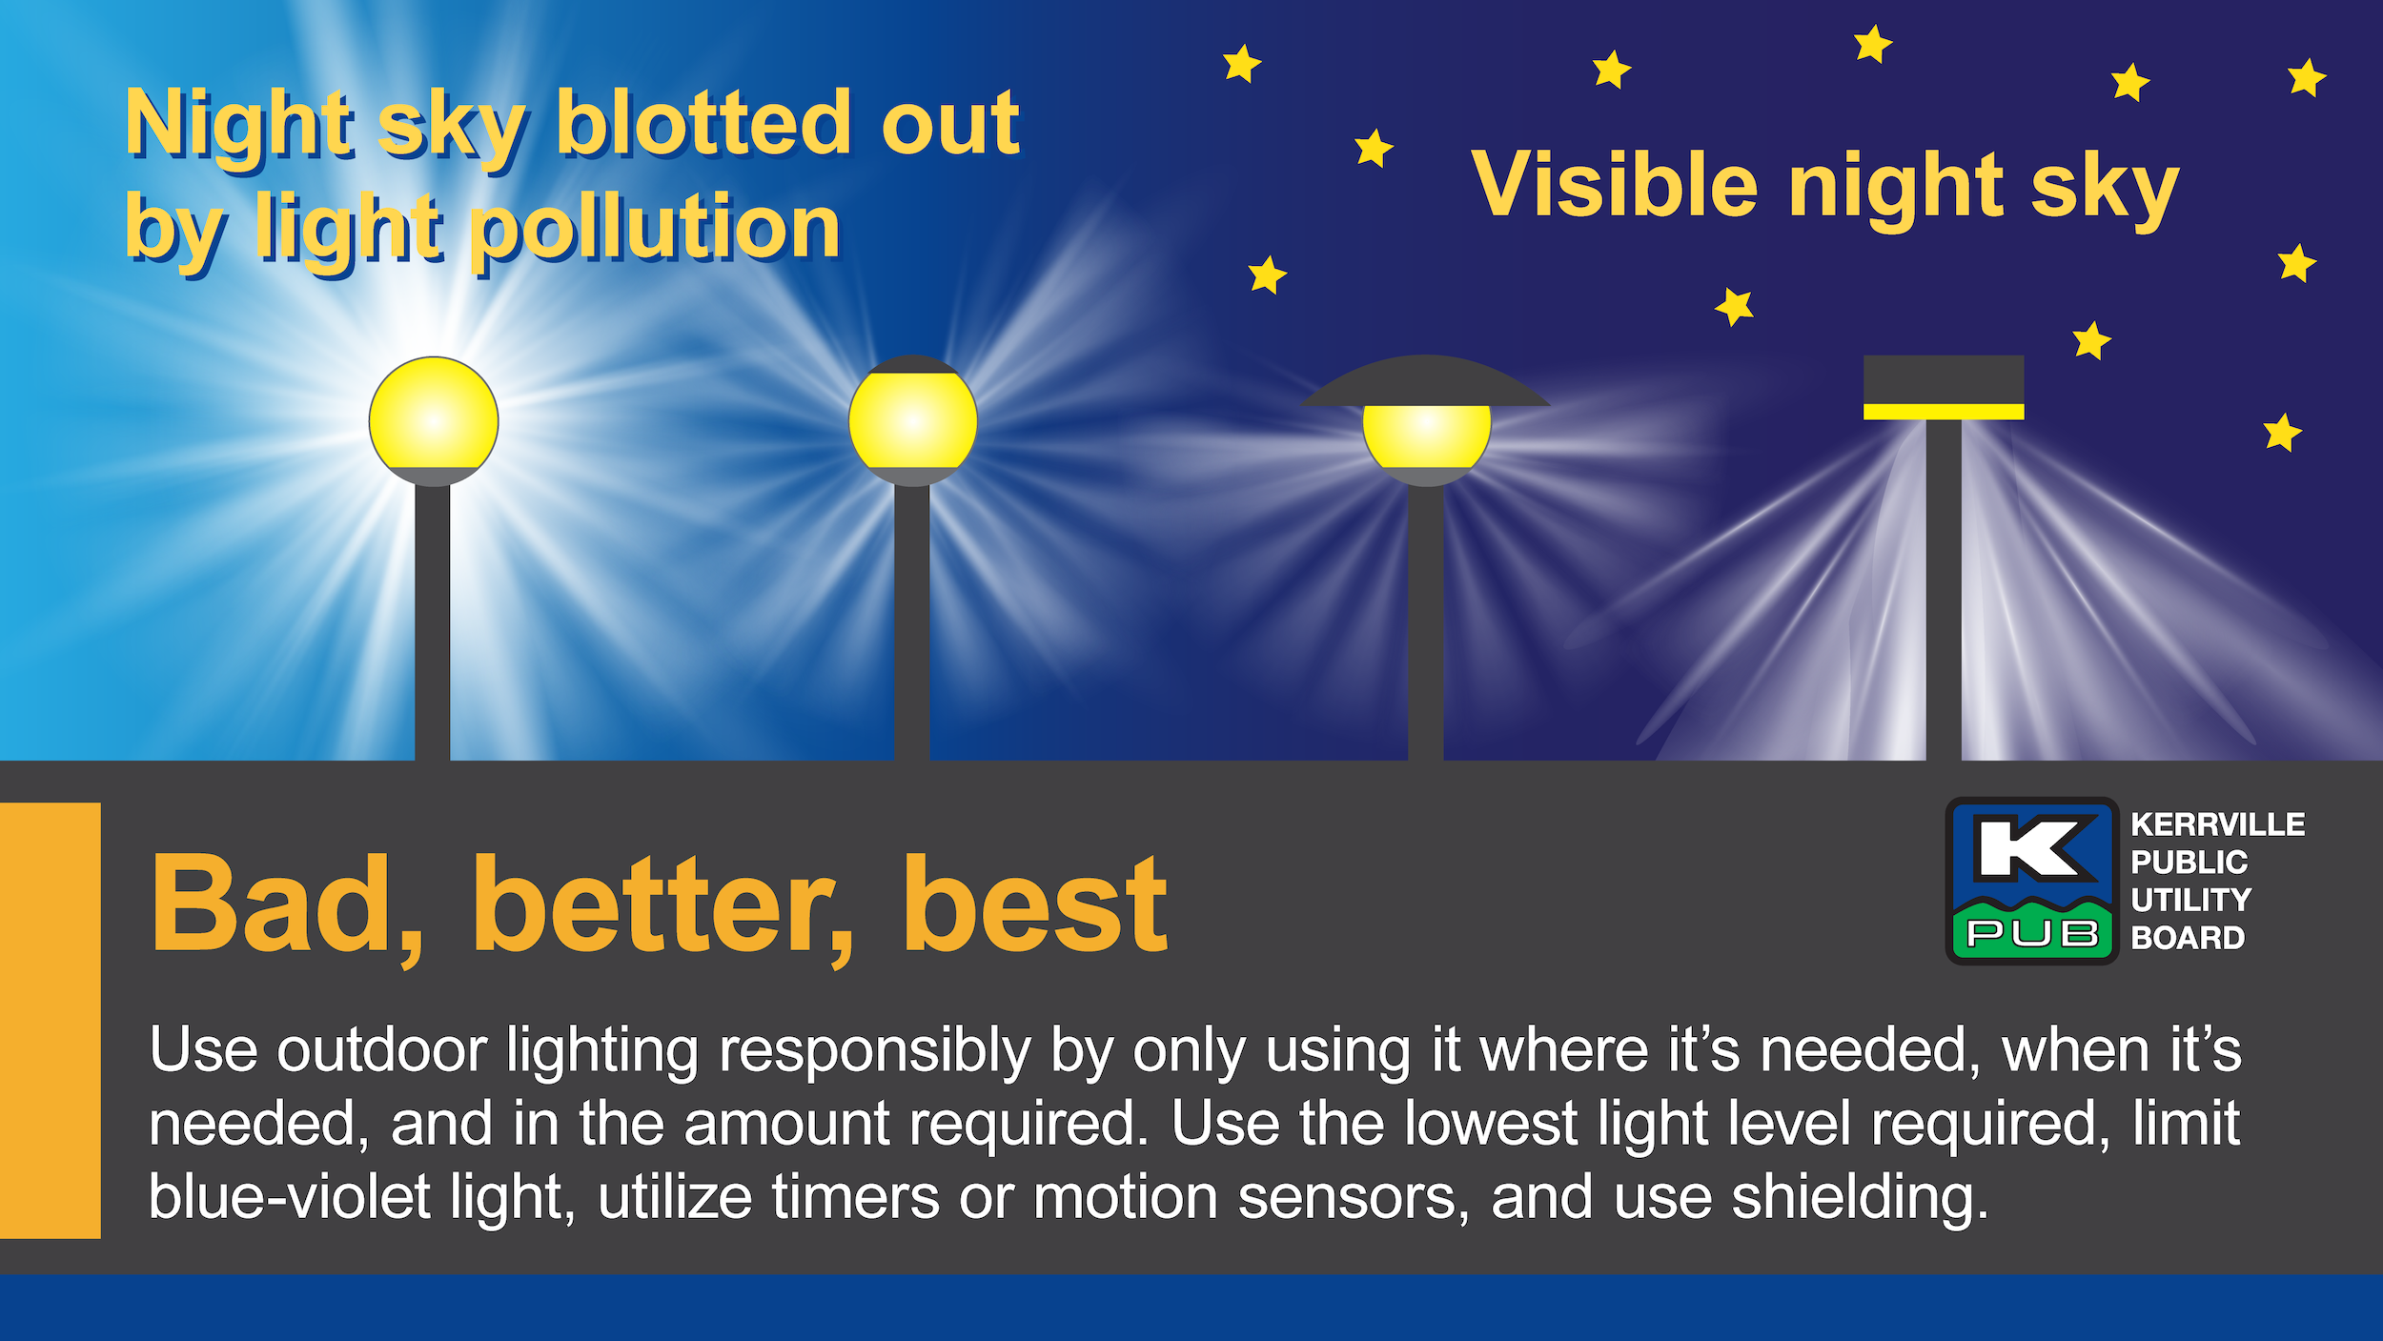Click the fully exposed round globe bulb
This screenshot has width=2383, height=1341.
point(434,415)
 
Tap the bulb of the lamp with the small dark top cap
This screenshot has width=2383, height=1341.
point(913,420)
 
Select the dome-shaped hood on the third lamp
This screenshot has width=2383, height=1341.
point(1425,381)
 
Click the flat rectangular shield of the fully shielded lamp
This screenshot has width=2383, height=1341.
point(1944,380)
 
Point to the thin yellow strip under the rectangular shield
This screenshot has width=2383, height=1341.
point(1944,412)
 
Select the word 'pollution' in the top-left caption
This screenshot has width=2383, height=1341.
point(656,229)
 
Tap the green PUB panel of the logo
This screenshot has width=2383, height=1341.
point(2032,931)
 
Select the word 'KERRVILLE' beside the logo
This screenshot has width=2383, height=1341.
point(2217,824)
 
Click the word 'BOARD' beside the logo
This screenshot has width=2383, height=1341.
point(2188,938)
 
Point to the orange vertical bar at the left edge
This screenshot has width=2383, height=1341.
point(50,1021)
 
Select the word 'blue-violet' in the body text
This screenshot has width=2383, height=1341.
point(290,1197)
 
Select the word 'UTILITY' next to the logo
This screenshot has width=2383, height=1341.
point(2190,900)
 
